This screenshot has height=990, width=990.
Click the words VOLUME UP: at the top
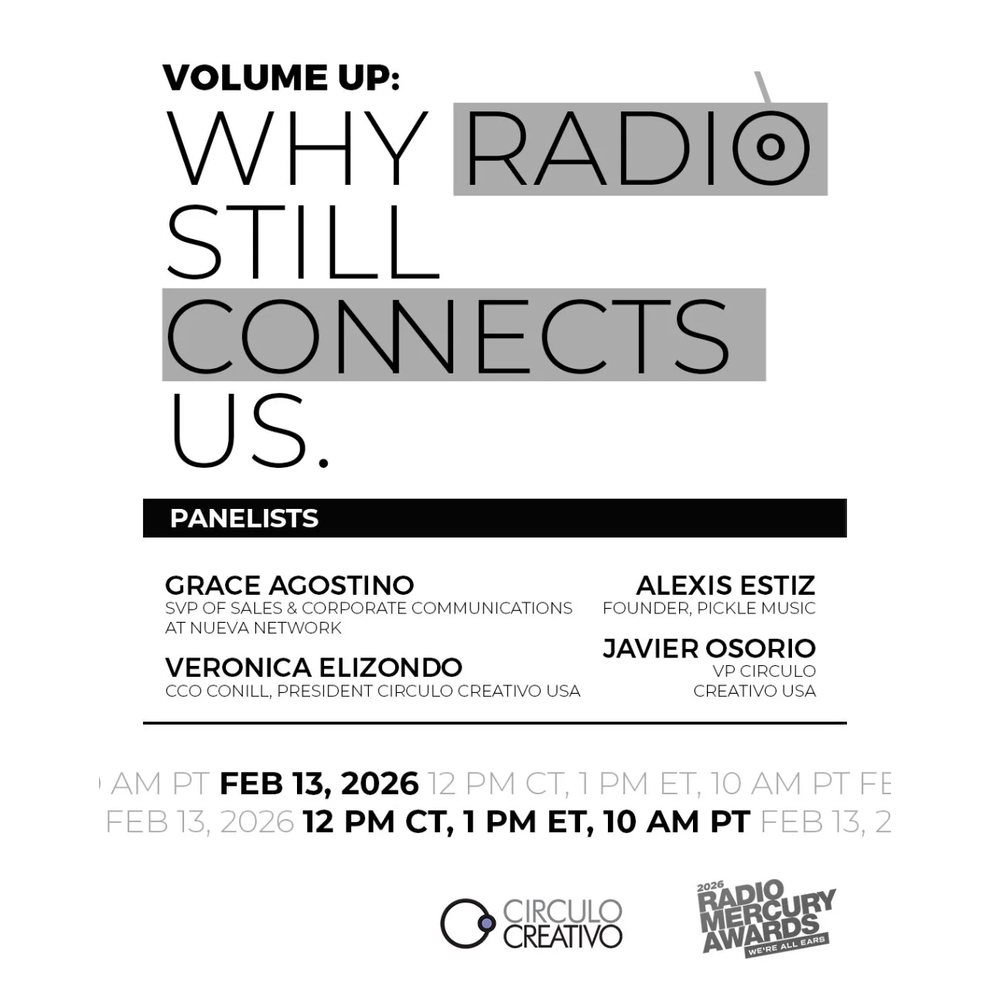point(281,77)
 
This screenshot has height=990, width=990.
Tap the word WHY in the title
point(298,148)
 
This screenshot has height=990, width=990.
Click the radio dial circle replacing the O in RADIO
point(770,147)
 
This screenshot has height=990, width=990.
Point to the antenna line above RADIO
point(763,87)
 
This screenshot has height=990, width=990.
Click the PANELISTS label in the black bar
point(244,518)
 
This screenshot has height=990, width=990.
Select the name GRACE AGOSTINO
point(289,585)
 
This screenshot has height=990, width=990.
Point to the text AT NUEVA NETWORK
point(253,628)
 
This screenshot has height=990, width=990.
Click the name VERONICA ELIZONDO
point(313,667)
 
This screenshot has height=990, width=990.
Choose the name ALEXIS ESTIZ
point(725,585)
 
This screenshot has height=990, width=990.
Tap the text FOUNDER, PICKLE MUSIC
point(708,609)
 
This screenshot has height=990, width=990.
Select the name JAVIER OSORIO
point(708,648)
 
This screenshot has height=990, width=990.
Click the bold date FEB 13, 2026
point(319,783)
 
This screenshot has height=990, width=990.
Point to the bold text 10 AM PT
point(676,821)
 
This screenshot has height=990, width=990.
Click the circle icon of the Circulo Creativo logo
point(467,923)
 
